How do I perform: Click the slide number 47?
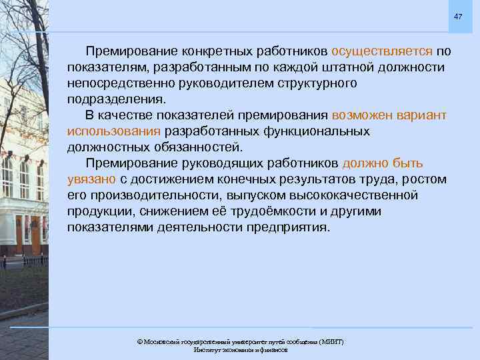tap(458, 15)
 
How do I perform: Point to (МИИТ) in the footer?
tap(330, 342)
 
